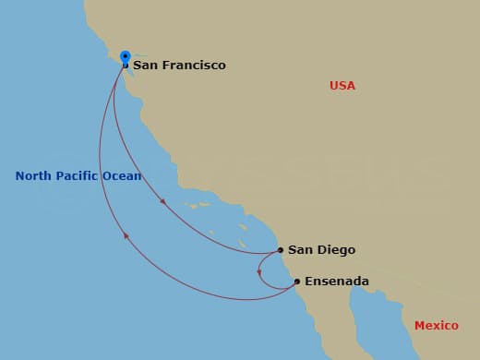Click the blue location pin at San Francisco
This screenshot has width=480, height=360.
[x=125, y=56]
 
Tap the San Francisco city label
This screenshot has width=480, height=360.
[x=179, y=66]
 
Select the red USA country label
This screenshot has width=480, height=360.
[x=342, y=86]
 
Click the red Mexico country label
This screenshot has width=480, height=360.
[x=436, y=326]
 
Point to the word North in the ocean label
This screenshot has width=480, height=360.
[x=34, y=176]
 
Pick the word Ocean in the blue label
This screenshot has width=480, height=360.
[x=123, y=176]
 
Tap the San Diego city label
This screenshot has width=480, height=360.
[x=321, y=250]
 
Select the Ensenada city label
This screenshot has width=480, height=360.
[x=337, y=282]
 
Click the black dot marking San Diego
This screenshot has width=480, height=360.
[x=281, y=250]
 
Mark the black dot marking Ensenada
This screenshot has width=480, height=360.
[x=296, y=282]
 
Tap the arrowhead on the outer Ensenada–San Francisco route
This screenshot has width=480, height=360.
[x=125, y=238]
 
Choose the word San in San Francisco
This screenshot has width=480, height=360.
[x=144, y=66]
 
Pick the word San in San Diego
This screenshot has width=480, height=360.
[x=299, y=250]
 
